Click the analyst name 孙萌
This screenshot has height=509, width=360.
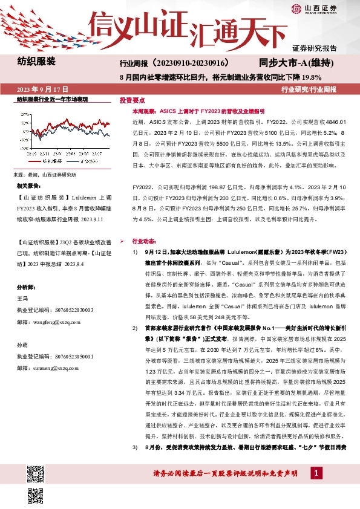point(22,343)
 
